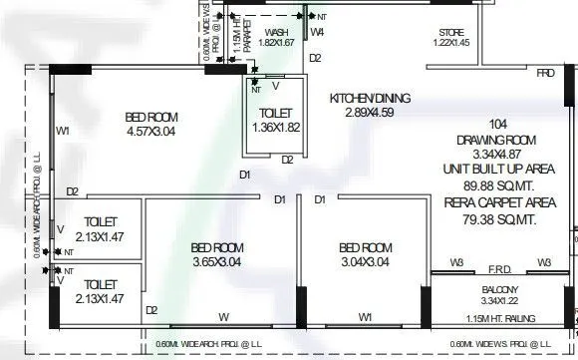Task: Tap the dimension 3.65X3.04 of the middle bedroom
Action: point(216,261)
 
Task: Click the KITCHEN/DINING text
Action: point(370,99)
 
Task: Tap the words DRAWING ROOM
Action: point(495,141)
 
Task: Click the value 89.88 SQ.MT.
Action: point(495,185)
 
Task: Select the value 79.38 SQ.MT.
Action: point(495,216)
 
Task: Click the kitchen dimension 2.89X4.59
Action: point(370,115)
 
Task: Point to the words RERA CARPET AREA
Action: point(495,200)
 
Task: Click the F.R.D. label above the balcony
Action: point(498,267)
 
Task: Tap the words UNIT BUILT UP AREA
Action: point(495,171)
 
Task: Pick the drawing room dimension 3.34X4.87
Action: point(495,156)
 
